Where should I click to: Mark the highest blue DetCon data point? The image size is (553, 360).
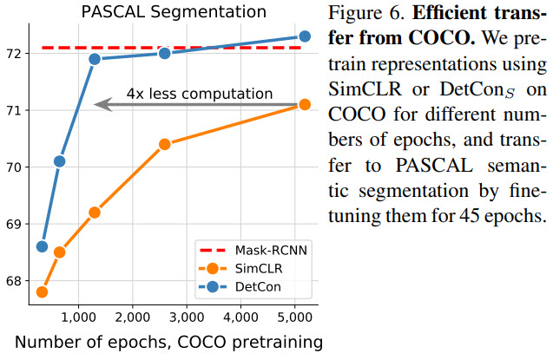point(305,36)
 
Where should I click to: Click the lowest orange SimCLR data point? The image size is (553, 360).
point(42,291)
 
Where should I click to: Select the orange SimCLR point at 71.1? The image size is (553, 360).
point(305,104)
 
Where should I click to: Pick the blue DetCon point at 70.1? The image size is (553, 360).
point(59,160)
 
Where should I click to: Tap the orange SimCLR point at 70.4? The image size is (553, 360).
point(164,144)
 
